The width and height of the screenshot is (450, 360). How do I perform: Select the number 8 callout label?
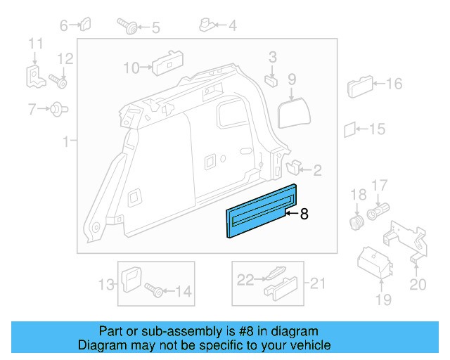click(x=304, y=214)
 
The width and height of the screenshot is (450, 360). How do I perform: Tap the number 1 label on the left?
click(x=65, y=141)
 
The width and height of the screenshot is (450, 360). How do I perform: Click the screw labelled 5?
click(x=130, y=27)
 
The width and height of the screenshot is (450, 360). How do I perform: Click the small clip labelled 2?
click(x=294, y=167)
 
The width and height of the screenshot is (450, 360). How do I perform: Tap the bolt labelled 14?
click(x=154, y=289)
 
